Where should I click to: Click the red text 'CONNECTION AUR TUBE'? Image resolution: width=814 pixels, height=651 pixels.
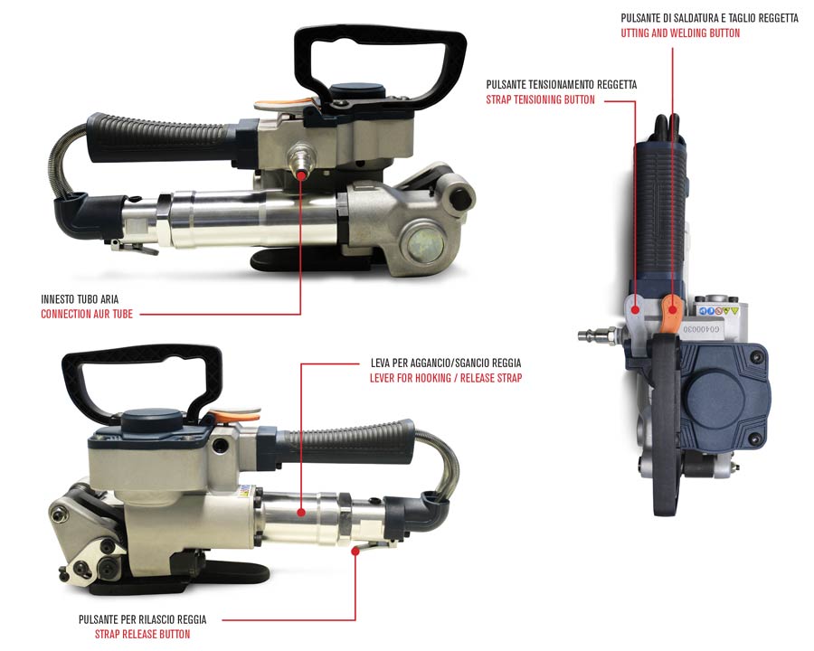(87, 314)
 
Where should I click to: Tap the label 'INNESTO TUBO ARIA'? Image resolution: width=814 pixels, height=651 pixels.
(80, 299)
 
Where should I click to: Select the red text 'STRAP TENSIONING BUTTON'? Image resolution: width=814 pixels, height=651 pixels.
(541, 99)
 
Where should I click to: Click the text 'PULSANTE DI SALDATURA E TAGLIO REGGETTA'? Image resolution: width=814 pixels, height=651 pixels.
(710, 18)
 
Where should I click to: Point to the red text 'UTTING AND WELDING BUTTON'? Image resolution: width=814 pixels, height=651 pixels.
(680, 33)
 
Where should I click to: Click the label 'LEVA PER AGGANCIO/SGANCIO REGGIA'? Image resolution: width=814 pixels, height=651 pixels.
(446, 363)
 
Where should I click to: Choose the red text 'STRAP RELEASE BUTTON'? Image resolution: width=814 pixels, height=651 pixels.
(142, 634)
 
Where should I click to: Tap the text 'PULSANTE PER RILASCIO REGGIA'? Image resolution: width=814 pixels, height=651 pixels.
(142, 619)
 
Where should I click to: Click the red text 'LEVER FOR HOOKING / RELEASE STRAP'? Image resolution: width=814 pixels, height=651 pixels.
(446, 378)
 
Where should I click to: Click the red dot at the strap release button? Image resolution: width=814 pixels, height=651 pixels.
(355, 552)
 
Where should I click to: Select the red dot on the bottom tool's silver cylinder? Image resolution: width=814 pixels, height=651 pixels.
(301, 513)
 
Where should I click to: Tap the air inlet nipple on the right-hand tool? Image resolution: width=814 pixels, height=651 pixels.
(597, 335)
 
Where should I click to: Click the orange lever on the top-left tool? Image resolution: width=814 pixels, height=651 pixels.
(284, 103)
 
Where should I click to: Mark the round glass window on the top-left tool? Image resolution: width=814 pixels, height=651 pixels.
(424, 244)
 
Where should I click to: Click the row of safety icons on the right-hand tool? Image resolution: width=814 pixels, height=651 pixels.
(719, 311)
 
